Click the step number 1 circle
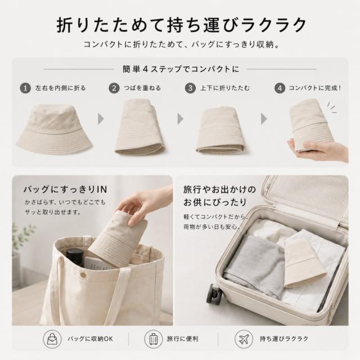25,88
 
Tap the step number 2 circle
114,88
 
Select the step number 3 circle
190,88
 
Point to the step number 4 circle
280,88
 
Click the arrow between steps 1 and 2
101,119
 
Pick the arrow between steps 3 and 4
264,119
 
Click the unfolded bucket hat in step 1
54,129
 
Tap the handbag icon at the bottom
52,339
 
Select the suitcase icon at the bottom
154,339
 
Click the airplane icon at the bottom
244,339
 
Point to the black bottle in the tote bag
75,260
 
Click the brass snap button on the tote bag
83,274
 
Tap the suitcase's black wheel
214,294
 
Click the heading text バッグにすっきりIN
65,190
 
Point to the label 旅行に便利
182,339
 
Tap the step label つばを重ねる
142,88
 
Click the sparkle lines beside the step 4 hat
332,107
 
